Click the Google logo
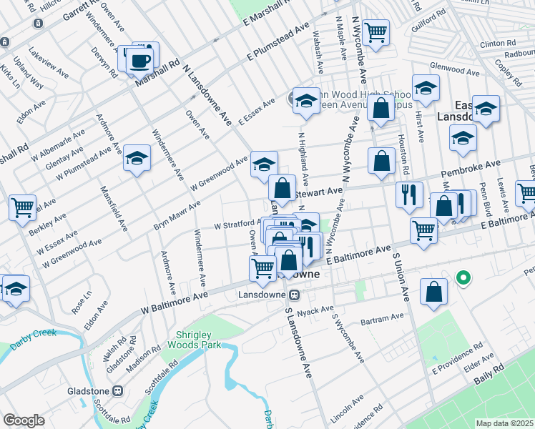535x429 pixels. [24, 420]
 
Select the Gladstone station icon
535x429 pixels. [119, 391]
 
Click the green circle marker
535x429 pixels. [463, 277]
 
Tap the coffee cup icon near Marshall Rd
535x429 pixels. [139, 60]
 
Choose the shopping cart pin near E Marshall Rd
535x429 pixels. [375, 32]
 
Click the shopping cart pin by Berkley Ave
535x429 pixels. [23, 207]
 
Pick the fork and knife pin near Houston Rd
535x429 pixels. [409, 194]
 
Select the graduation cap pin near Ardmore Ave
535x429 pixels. [136, 158]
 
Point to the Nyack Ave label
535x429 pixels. [315, 310]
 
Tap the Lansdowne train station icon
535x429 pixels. [294, 295]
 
